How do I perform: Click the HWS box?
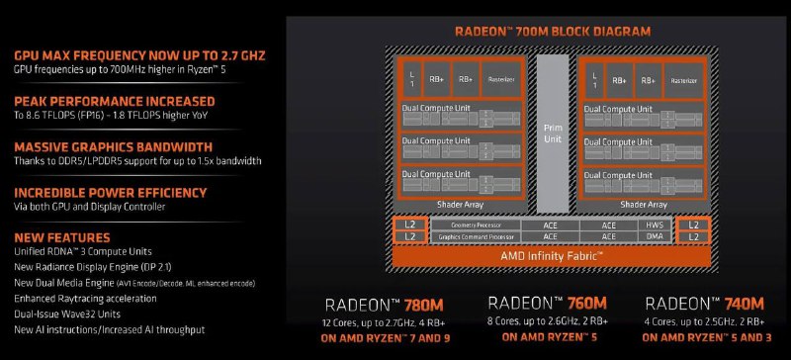coord(654,225)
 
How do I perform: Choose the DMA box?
coord(654,237)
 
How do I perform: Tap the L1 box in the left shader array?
coord(410,78)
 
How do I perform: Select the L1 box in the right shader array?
coord(593,78)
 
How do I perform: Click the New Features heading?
coord(61,238)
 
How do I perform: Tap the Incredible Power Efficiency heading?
coord(110,193)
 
